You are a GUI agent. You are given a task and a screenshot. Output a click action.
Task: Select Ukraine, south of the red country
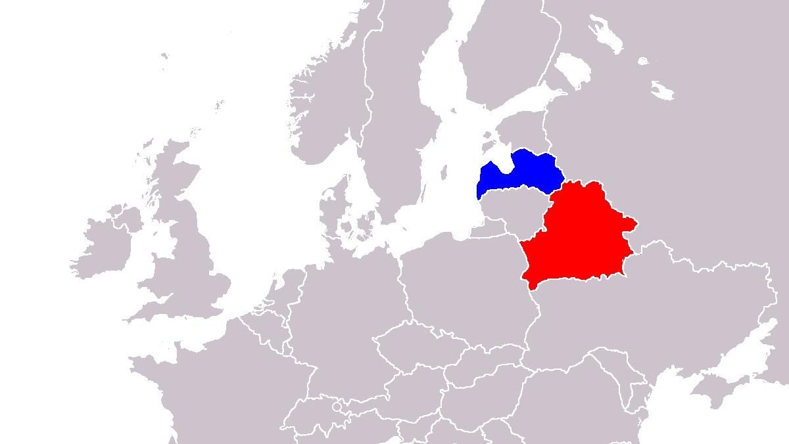point(657,309)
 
